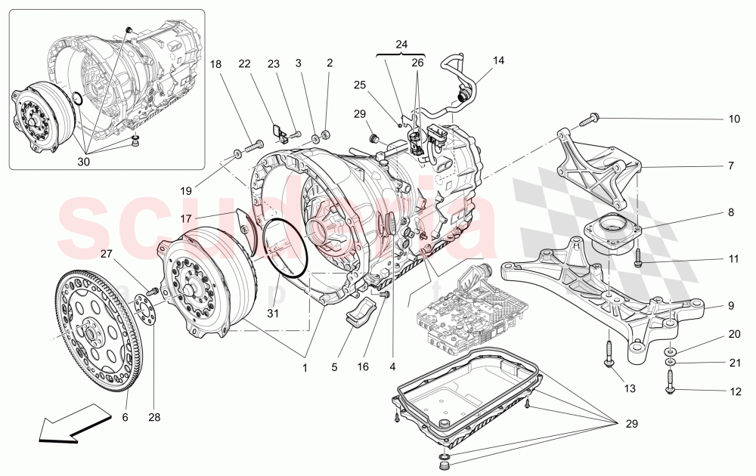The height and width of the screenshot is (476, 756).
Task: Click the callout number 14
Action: pyautogui.click(x=498, y=60)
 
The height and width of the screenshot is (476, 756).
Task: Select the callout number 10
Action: pyautogui.click(x=734, y=119)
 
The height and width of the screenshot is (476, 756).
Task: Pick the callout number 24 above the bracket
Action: pyautogui.click(x=401, y=44)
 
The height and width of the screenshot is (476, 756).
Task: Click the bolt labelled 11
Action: pyautogui.click(x=638, y=257)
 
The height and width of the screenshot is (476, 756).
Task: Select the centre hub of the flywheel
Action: pyautogui.click(x=89, y=329)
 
